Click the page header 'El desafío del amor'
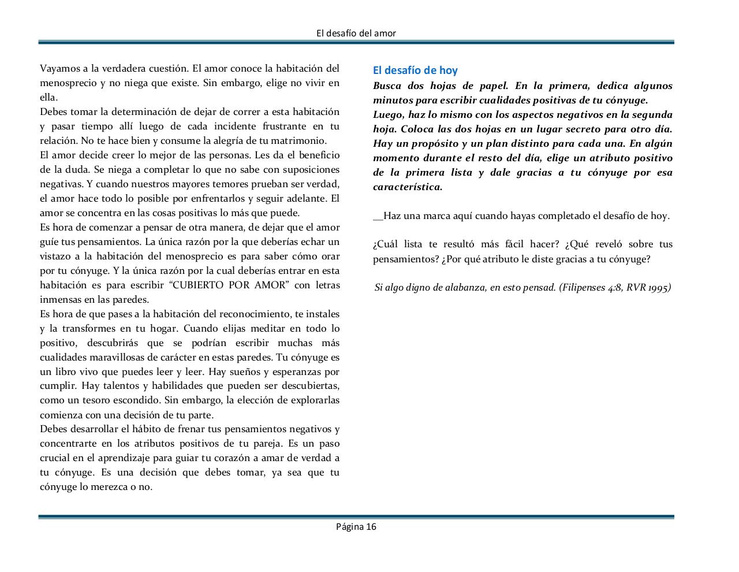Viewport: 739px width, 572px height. [356, 33]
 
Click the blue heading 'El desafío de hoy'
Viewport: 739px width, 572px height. [415, 70]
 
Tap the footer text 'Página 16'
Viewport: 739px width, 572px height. [356, 526]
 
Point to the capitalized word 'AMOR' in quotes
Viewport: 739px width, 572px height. [271, 285]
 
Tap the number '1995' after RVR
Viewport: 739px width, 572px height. [658, 288]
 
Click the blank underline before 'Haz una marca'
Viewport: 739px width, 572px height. [378, 216]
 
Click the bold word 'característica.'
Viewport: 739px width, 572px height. [408, 187]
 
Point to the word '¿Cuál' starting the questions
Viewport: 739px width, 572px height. [386, 244]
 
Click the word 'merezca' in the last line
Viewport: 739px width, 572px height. [111, 487]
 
